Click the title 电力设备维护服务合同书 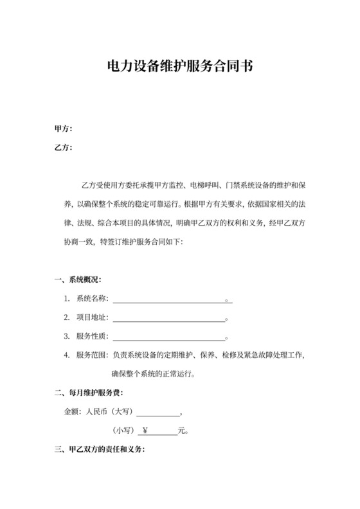tap(179, 66)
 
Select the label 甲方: tap(63, 129)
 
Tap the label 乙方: tap(63, 148)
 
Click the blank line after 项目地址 tap(169, 319)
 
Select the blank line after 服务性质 tap(169, 337)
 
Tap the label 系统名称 tap(92, 299)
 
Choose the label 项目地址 tap(92, 317)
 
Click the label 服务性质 tap(92, 336)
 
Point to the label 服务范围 tap(92, 355)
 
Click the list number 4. tap(66, 355)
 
